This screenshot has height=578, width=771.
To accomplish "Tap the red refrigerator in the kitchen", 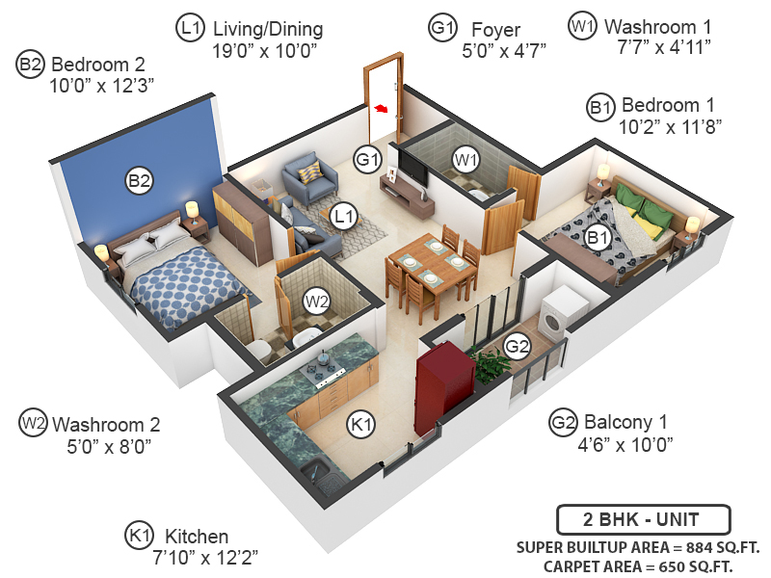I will [x=441, y=384].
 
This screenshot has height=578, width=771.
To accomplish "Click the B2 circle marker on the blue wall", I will [x=140, y=180].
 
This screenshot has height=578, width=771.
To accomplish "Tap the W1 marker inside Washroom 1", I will [x=466, y=159].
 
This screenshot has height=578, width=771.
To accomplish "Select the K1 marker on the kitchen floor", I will [x=359, y=423].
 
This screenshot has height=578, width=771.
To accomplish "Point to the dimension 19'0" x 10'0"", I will [x=267, y=50].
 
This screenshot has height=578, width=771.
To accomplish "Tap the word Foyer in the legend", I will [x=496, y=29].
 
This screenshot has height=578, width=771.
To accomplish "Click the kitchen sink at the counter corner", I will [x=315, y=471].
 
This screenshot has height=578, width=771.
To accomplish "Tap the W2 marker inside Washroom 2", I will [x=317, y=302].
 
